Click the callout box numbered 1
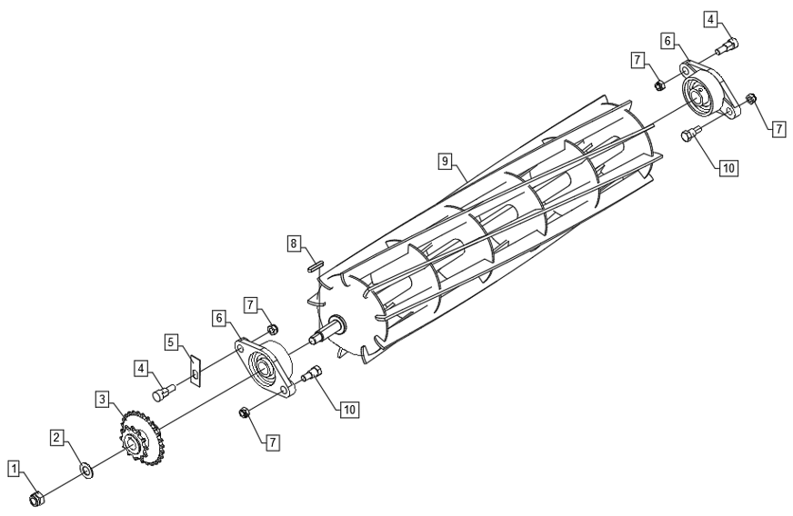coord(15,469)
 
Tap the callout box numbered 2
coord(57,437)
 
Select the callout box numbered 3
coord(103,400)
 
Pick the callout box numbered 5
coord(171,342)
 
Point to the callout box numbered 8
coord(294,243)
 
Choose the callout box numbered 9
coord(445,161)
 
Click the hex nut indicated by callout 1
coord(36,499)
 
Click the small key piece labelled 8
coord(315,266)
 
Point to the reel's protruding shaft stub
coord(327,330)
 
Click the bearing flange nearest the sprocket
coord(265,369)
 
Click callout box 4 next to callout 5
coord(142,368)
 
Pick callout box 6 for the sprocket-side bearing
coord(219,318)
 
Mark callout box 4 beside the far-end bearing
coord(711,20)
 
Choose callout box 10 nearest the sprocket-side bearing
coord(349,410)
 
